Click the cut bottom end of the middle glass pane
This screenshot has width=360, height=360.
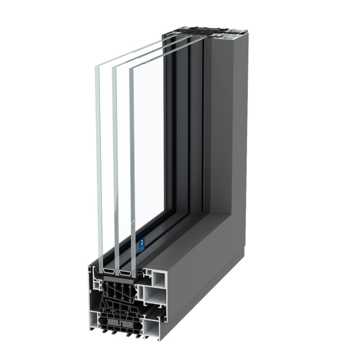coord(116,266)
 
